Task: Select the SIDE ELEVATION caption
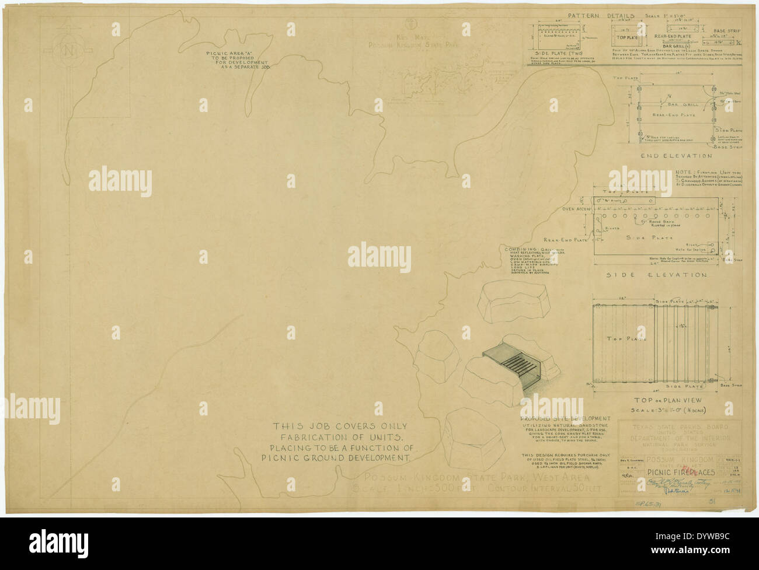click(656, 275)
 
